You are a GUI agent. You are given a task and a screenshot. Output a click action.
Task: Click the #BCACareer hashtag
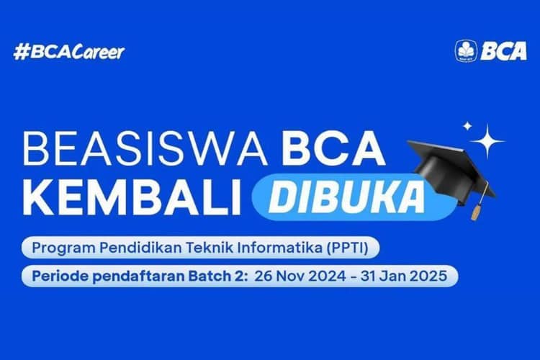[x=69, y=52]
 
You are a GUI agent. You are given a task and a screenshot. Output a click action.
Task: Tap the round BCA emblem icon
[x=466, y=50]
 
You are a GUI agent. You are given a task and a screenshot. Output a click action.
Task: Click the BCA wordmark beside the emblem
[x=503, y=50]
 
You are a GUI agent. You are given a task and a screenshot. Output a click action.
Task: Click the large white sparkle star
[x=491, y=142]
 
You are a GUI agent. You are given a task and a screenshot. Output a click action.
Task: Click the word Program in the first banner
[x=60, y=249]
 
